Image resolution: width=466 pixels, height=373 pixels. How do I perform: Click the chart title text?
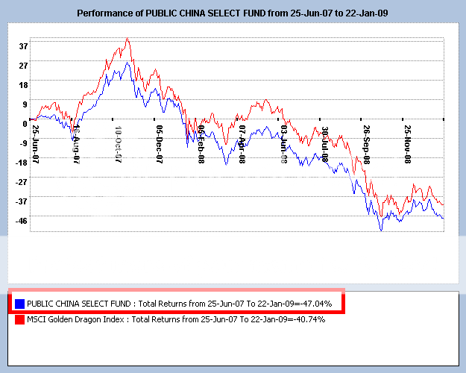coord(233,13)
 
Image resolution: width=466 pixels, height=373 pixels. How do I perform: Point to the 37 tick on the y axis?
coord(23,46)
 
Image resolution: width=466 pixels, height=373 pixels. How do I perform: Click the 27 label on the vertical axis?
coord(23,66)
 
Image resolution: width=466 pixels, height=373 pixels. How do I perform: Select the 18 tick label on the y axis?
coord(23,85)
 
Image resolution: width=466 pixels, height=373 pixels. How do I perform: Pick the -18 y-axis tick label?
coord(22,163)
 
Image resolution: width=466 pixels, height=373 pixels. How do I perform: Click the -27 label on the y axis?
coord(22,182)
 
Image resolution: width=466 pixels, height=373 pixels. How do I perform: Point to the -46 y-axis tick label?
coord(22,221)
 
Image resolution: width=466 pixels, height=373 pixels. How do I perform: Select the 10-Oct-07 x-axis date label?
coord(119,140)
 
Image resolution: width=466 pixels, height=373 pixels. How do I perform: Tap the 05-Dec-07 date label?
coord(160,140)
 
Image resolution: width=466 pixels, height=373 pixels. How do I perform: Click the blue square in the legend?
coord(19,304)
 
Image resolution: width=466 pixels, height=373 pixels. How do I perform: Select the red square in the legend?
coord(19,319)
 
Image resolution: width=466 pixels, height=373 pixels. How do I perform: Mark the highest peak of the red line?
coord(127,38)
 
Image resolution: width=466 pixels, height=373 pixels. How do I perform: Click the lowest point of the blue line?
coord(381,231)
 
